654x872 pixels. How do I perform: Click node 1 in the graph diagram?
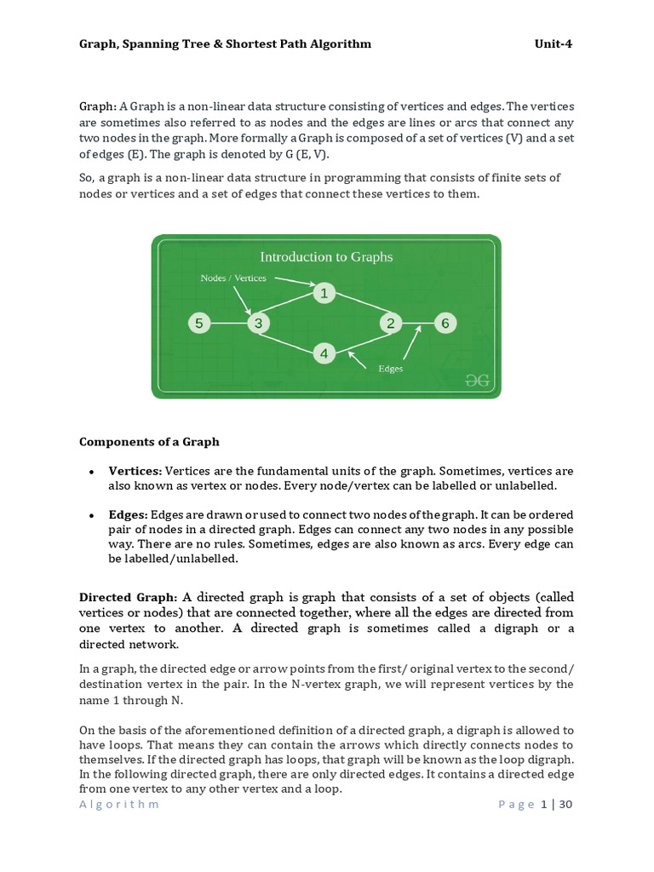[324, 294]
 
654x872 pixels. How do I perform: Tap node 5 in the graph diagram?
[198, 324]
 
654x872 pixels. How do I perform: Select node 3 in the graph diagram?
[258, 324]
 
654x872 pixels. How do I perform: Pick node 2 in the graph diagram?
[391, 324]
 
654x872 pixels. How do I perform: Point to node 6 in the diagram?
[445, 324]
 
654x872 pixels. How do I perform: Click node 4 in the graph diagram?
[324, 353]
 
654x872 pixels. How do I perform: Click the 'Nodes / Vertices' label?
[233, 278]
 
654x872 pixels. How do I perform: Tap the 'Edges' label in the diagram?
[390, 369]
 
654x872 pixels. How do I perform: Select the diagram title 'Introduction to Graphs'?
[326, 256]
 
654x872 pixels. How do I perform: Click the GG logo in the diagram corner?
[477, 381]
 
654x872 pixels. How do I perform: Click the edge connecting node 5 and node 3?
[228, 324]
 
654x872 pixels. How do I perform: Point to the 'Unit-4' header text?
[553, 44]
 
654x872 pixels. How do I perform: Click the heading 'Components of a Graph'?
[149, 442]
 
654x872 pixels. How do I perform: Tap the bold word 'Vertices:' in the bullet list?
[135, 471]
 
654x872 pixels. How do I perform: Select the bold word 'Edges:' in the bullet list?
[128, 515]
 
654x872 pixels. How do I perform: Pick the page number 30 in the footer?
[565, 804]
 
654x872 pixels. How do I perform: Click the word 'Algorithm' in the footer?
[119, 805]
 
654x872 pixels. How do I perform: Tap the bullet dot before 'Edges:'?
[90, 516]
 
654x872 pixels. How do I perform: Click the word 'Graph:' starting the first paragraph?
[98, 106]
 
